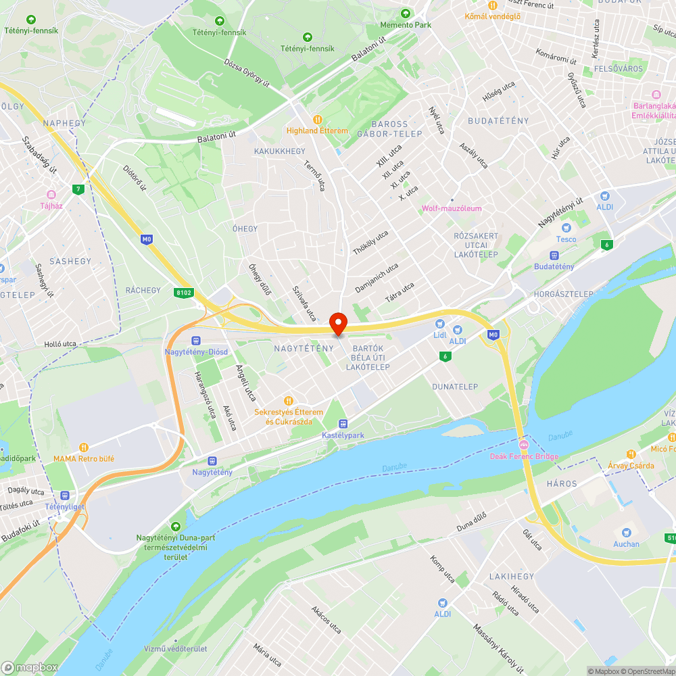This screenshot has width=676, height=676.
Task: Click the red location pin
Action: [x=337, y=322]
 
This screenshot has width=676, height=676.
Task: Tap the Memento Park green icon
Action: [x=406, y=13]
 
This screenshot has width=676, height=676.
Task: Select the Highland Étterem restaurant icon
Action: [x=317, y=119]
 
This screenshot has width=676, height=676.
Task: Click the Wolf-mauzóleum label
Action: [x=452, y=208]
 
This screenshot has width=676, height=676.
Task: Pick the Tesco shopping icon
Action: [x=566, y=228]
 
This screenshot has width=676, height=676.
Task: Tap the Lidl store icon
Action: [x=440, y=325]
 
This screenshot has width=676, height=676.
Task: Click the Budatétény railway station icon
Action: [x=554, y=256]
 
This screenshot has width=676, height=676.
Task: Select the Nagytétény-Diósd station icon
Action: [x=196, y=341]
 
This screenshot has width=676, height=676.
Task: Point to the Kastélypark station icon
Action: [x=343, y=424]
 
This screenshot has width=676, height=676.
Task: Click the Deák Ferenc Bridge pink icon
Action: [x=524, y=445]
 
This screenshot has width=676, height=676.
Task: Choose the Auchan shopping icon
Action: [x=625, y=532]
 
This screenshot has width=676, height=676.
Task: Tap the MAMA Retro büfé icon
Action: [x=84, y=447]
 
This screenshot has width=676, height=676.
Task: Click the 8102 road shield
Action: [x=183, y=293]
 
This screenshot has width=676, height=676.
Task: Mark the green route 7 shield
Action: [x=80, y=189]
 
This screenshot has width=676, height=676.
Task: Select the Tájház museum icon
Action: [x=51, y=194]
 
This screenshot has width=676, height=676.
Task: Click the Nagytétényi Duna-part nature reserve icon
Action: [x=176, y=526]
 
